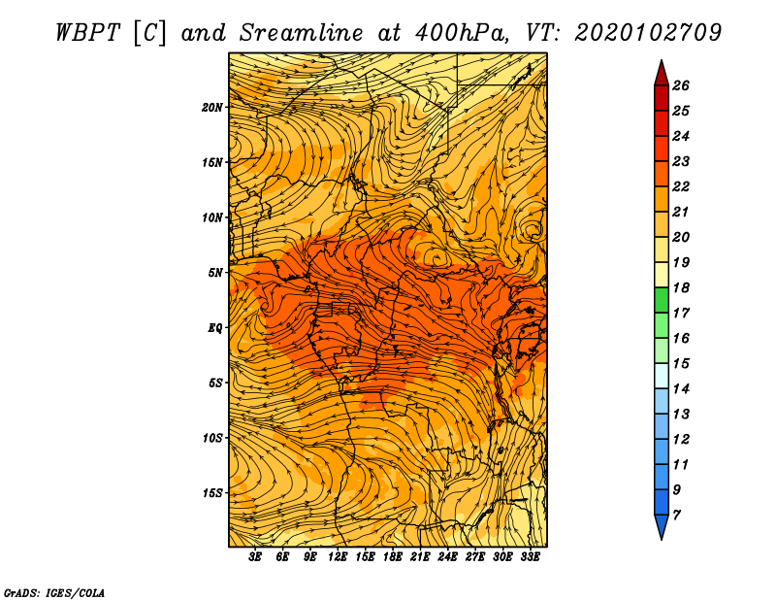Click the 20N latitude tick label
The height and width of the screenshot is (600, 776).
[212, 107]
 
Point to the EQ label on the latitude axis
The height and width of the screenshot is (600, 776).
[214, 327]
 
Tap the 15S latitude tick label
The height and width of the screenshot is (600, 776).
[212, 493]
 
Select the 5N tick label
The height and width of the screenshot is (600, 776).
[215, 273]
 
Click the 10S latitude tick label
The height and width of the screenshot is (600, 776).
[212, 438]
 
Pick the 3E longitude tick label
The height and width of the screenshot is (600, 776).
[256, 557]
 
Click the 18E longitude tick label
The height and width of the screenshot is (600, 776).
[393, 557]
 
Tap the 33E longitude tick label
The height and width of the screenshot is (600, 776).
[530, 557]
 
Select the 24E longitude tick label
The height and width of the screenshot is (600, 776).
[447, 557]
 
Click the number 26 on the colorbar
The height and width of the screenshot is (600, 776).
[681, 85]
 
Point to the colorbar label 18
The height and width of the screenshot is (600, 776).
[681, 287]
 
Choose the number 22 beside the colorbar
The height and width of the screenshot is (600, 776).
[681, 186]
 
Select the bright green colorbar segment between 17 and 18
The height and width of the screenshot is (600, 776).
[661, 300]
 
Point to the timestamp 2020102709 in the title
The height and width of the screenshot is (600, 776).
[648, 31]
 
